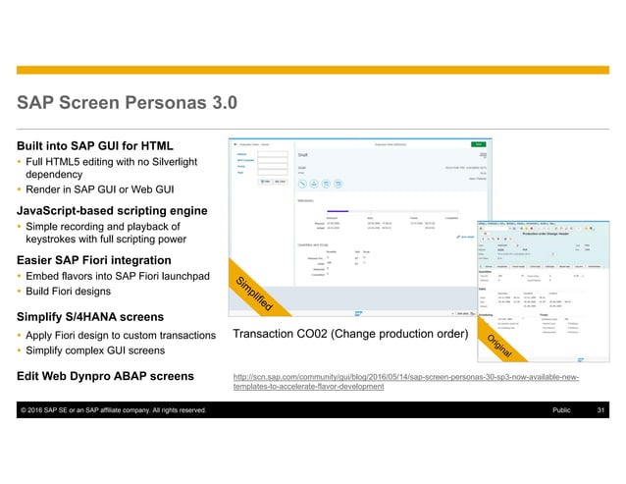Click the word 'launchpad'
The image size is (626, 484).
pyautogui.click(x=181, y=278)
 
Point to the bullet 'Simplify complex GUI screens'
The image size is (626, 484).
pyautogui.click(x=94, y=350)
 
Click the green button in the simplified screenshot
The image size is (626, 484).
pyautogui.click(x=478, y=143)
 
